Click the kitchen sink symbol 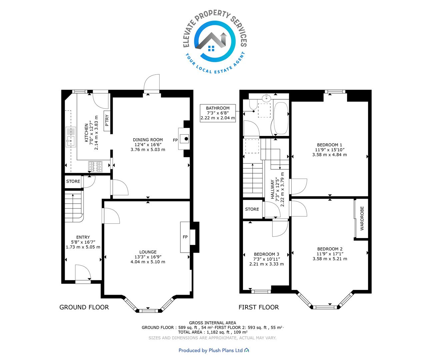[71, 137]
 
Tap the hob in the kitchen [95, 166]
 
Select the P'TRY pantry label [107, 121]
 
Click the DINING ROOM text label [148, 140]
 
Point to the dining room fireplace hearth [184, 139]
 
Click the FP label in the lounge [185, 237]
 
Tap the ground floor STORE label [73, 181]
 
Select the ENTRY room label [83, 237]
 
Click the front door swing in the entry [83, 272]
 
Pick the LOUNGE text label [148, 252]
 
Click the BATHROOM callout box [218, 113]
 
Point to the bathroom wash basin [267, 97]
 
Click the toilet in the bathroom [253, 104]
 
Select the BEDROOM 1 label [330, 145]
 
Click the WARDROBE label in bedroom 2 [362, 218]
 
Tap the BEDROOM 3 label [266, 254]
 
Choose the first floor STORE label [252, 209]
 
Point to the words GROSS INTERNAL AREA [212, 323]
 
